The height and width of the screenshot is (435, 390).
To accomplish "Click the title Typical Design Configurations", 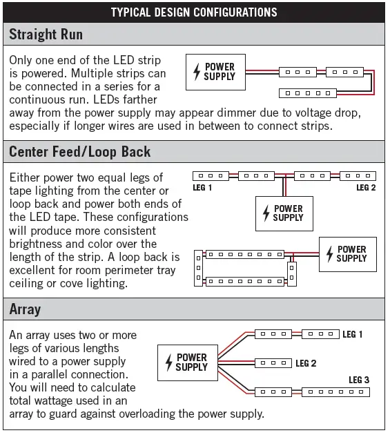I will (194, 12).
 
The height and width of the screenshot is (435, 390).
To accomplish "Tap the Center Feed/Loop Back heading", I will (79, 151).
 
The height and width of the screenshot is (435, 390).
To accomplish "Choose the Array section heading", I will (25, 309).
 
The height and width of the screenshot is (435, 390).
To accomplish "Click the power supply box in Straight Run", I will (215, 72).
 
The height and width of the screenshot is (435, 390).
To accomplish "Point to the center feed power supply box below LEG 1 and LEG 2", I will (284, 213).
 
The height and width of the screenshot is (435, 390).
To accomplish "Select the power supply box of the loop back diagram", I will (347, 253).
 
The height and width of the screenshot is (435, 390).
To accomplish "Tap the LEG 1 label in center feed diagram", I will (202, 188).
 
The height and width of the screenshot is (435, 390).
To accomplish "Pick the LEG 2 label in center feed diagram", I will (367, 188).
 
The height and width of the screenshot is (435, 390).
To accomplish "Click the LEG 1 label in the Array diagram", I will (353, 334).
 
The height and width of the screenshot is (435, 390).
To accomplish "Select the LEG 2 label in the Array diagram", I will (306, 363).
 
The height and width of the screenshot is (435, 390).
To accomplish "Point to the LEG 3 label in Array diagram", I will (359, 380).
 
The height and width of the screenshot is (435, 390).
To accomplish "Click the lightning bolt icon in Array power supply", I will (168, 362).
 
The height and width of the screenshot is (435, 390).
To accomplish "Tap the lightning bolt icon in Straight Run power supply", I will (197, 72).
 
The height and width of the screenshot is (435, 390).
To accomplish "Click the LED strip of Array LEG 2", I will (273, 363).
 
